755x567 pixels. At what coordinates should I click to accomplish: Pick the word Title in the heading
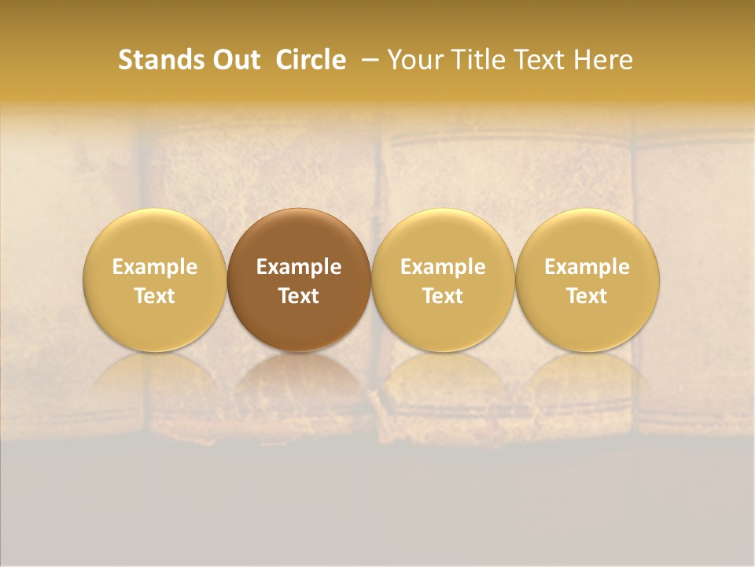481,60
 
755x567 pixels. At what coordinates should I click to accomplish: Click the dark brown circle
298,236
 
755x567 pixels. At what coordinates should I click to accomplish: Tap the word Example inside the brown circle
298,267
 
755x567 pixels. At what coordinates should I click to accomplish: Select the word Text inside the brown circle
298,296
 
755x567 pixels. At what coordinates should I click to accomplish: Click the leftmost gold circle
154,236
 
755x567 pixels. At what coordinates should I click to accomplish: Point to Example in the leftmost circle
154,267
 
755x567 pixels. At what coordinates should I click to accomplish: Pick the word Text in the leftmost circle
154,296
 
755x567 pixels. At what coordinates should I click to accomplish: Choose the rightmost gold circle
587,236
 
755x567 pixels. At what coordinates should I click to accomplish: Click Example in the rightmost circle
587,267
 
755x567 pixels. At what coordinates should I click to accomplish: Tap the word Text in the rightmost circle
587,296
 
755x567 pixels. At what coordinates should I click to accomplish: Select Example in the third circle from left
443,267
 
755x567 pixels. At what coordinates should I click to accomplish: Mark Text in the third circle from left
443,296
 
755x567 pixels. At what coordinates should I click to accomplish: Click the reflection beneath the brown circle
298,378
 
